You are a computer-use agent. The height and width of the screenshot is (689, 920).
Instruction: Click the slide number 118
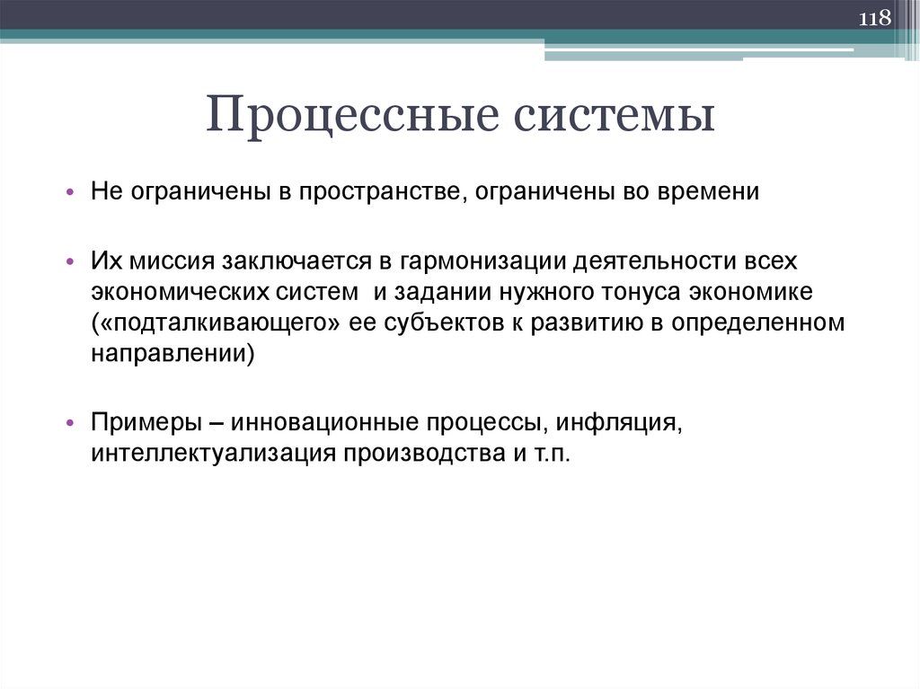[x=875, y=19]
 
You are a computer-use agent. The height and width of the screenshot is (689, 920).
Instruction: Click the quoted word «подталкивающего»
[x=214, y=323]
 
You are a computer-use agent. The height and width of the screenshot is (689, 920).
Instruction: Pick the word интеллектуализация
[x=211, y=454]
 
